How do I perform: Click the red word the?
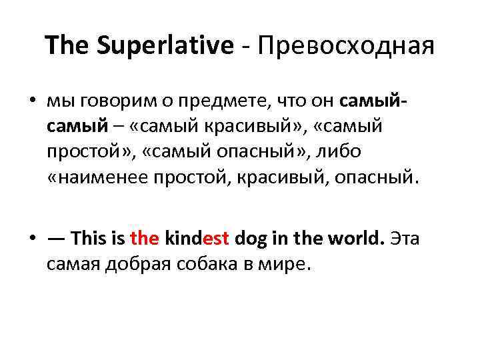tap(144, 237)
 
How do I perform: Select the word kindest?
tap(197, 237)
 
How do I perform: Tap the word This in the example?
tap(89, 237)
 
